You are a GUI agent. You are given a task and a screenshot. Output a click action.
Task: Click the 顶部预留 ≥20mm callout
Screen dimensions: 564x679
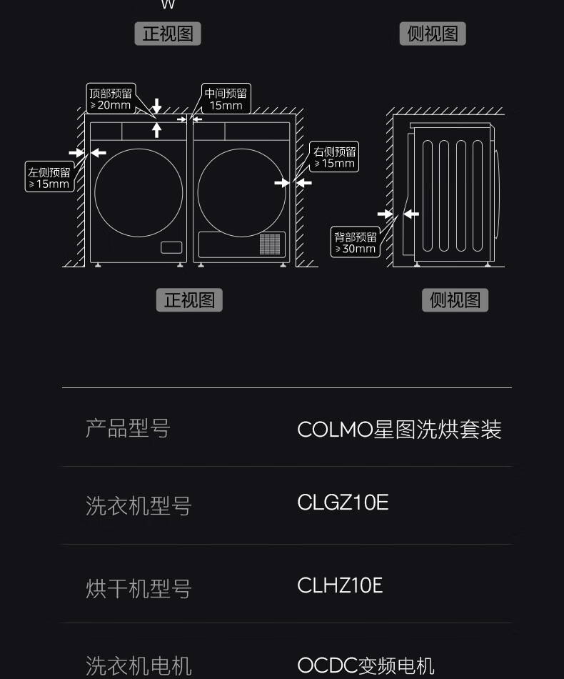(x=111, y=99)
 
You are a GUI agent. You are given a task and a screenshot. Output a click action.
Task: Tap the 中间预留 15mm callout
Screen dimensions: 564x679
(x=226, y=99)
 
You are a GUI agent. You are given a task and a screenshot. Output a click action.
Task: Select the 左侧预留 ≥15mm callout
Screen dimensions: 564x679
(x=49, y=177)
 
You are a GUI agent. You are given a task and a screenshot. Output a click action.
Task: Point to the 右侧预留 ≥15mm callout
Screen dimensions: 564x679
(x=334, y=157)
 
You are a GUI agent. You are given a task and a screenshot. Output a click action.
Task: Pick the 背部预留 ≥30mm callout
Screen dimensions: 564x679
(x=356, y=242)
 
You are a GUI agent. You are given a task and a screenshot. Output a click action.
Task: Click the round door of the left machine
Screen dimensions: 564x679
(x=139, y=192)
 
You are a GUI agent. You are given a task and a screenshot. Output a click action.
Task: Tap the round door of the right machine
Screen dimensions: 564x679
(x=241, y=192)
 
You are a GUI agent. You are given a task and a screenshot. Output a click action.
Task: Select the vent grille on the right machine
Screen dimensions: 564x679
(x=270, y=244)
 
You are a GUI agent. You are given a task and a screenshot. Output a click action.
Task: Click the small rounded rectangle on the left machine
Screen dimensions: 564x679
(x=171, y=247)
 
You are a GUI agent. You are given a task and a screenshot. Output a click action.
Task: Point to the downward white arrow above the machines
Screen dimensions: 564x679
(x=156, y=106)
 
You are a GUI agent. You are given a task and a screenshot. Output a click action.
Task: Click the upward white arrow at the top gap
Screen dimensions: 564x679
(x=157, y=130)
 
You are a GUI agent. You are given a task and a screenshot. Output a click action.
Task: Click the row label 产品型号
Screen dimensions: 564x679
(x=128, y=428)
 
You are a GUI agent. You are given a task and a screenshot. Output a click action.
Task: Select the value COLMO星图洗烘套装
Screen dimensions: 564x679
(x=399, y=430)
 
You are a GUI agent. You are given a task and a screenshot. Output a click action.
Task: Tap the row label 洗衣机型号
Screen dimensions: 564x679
(x=139, y=506)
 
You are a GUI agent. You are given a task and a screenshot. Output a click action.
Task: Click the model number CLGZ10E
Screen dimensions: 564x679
(x=343, y=503)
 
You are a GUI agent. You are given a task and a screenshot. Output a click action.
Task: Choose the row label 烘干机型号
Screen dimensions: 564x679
(x=139, y=589)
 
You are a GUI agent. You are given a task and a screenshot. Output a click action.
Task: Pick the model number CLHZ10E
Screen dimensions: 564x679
(x=340, y=585)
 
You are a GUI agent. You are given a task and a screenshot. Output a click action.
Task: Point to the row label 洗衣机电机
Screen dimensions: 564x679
(x=139, y=666)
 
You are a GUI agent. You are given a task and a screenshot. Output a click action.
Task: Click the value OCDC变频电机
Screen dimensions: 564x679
(x=366, y=666)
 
